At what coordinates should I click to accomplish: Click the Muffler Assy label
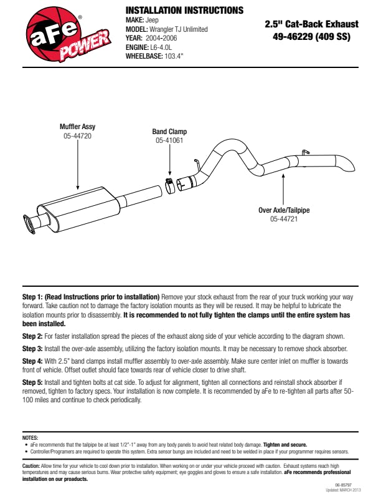click(77, 127)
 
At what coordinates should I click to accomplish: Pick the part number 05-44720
click(77, 135)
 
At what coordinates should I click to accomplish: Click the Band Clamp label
click(169, 132)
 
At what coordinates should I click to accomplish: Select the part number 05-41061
click(169, 140)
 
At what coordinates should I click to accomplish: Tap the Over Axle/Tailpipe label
click(284, 210)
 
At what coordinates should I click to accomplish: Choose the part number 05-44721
click(284, 219)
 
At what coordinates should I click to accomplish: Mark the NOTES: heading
click(30, 438)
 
